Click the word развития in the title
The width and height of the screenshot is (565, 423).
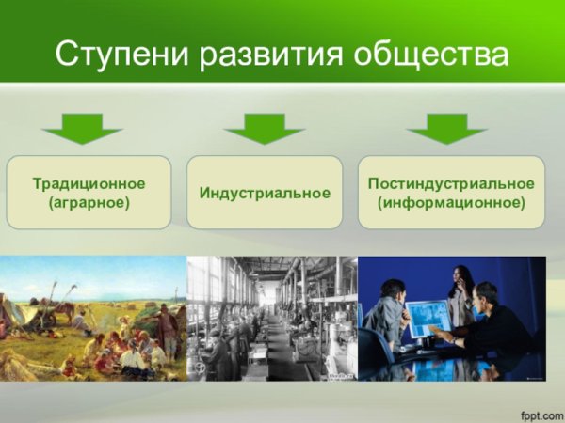(283, 54)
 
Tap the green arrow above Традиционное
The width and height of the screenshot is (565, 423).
(83, 127)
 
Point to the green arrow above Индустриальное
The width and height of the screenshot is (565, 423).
(265, 127)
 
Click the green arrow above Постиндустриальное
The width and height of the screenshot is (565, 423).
(446, 127)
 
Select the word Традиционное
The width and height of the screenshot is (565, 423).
(89, 183)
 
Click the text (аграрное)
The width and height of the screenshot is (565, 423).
(89, 202)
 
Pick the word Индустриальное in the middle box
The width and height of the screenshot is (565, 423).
(265, 193)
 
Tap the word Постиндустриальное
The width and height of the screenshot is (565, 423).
(451, 183)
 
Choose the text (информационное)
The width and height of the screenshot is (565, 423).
(451, 202)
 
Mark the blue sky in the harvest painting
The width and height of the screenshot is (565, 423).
(94, 273)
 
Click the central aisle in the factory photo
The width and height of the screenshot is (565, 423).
(274, 348)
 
